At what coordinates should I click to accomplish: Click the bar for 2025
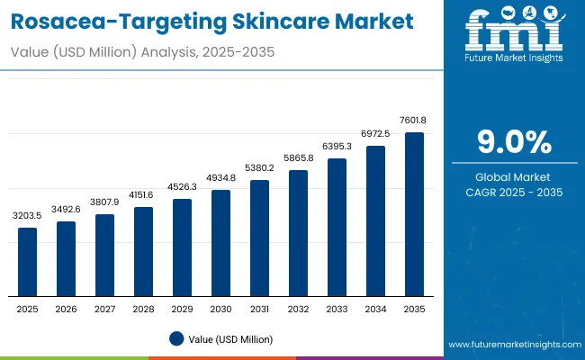(x=28, y=262)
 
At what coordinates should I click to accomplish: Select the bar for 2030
(x=221, y=243)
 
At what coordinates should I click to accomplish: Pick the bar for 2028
(x=144, y=252)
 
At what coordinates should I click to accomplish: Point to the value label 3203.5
(x=28, y=217)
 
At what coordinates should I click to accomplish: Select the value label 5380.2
(x=259, y=168)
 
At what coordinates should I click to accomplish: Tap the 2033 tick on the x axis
(x=337, y=309)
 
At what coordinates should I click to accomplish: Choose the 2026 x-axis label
(x=67, y=309)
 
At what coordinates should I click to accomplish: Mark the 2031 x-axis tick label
(x=259, y=309)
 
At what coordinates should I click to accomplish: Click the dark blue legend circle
(x=175, y=339)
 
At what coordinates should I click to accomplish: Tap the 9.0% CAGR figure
(x=512, y=143)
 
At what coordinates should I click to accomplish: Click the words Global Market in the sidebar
(x=512, y=176)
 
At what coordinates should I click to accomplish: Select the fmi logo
(x=512, y=34)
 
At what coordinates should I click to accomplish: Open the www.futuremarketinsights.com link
(x=511, y=345)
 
